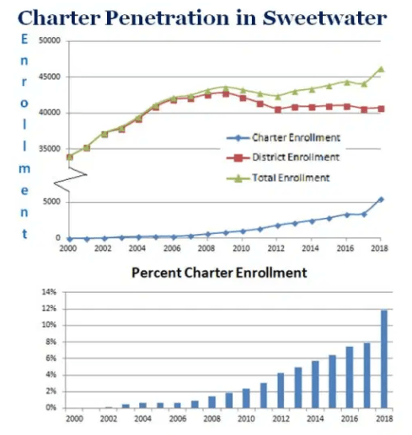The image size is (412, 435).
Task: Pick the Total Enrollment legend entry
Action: pos(284,177)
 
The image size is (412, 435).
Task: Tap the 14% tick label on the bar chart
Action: pos(49,292)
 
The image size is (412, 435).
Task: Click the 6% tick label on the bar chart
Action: pos(51,358)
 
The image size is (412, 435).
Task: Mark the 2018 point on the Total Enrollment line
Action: pos(381,69)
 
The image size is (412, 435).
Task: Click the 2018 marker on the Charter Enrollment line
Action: pos(381,199)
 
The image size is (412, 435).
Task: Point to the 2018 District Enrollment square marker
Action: pos(381,109)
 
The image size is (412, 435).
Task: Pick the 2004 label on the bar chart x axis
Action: pos(143,418)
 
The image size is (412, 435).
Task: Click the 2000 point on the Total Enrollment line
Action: pos(70,156)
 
